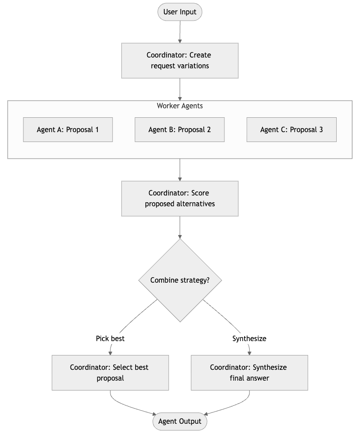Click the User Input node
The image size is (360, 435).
pyautogui.click(x=180, y=12)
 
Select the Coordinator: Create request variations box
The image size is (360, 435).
pyautogui.click(x=180, y=61)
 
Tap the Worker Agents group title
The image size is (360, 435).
pyautogui.click(x=180, y=106)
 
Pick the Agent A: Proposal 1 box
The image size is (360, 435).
pyautogui.click(x=68, y=129)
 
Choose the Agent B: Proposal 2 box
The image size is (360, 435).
pyautogui.click(x=180, y=129)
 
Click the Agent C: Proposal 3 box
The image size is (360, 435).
pyautogui.click(x=292, y=129)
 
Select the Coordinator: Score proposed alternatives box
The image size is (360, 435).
pyautogui.click(x=180, y=199)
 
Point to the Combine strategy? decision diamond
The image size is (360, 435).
pyautogui.click(x=180, y=280)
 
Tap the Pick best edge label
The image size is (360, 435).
pyautogui.click(x=110, y=338)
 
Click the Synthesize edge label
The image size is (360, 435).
pyautogui.click(x=250, y=338)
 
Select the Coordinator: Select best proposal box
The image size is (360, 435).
pyautogui.click(x=110, y=373)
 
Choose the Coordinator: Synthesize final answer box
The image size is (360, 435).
pyautogui.click(x=250, y=373)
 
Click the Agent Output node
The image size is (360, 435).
pyautogui.click(x=180, y=421)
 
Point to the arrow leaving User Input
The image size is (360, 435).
pyautogui.click(x=180, y=32)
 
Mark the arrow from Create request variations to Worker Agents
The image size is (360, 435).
pyautogui.click(x=180, y=89)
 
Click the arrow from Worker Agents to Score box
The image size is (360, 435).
pyautogui.click(x=180, y=170)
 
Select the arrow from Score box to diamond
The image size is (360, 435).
pyautogui.click(x=180, y=227)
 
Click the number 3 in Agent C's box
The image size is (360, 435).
pyautogui.click(x=321, y=129)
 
